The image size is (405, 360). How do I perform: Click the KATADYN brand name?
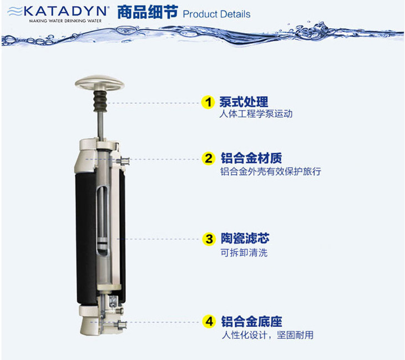pos(65,11)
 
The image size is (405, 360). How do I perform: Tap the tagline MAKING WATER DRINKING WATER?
pos(65,21)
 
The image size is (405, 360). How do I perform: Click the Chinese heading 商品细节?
pos(148,12)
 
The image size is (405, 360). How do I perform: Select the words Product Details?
pos(216,14)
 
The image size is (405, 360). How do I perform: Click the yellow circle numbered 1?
pos(208,102)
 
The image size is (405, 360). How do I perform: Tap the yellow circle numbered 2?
pos(209,158)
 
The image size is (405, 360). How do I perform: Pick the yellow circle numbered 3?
pos(209,239)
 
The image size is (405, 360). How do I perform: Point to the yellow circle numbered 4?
pos(209,322)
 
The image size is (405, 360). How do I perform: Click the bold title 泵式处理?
pos(244,102)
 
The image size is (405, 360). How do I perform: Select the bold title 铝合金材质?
pos(251,158)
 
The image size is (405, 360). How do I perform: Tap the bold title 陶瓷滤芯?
pos(245,238)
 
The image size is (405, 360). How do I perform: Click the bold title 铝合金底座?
pos(251,322)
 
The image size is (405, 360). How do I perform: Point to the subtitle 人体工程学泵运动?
pos(256,114)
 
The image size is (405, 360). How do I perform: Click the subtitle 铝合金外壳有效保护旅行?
pos(271,171)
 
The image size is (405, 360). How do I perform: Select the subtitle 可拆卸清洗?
pos(244,252)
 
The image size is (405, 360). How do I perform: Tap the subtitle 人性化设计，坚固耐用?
pos(267,335)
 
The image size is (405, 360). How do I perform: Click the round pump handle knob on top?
pos(100,83)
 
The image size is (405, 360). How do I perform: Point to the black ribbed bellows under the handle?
pos(100,101)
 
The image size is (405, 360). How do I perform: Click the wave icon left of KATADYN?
pos(15,12)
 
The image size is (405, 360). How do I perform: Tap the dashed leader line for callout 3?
pos(158,239)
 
